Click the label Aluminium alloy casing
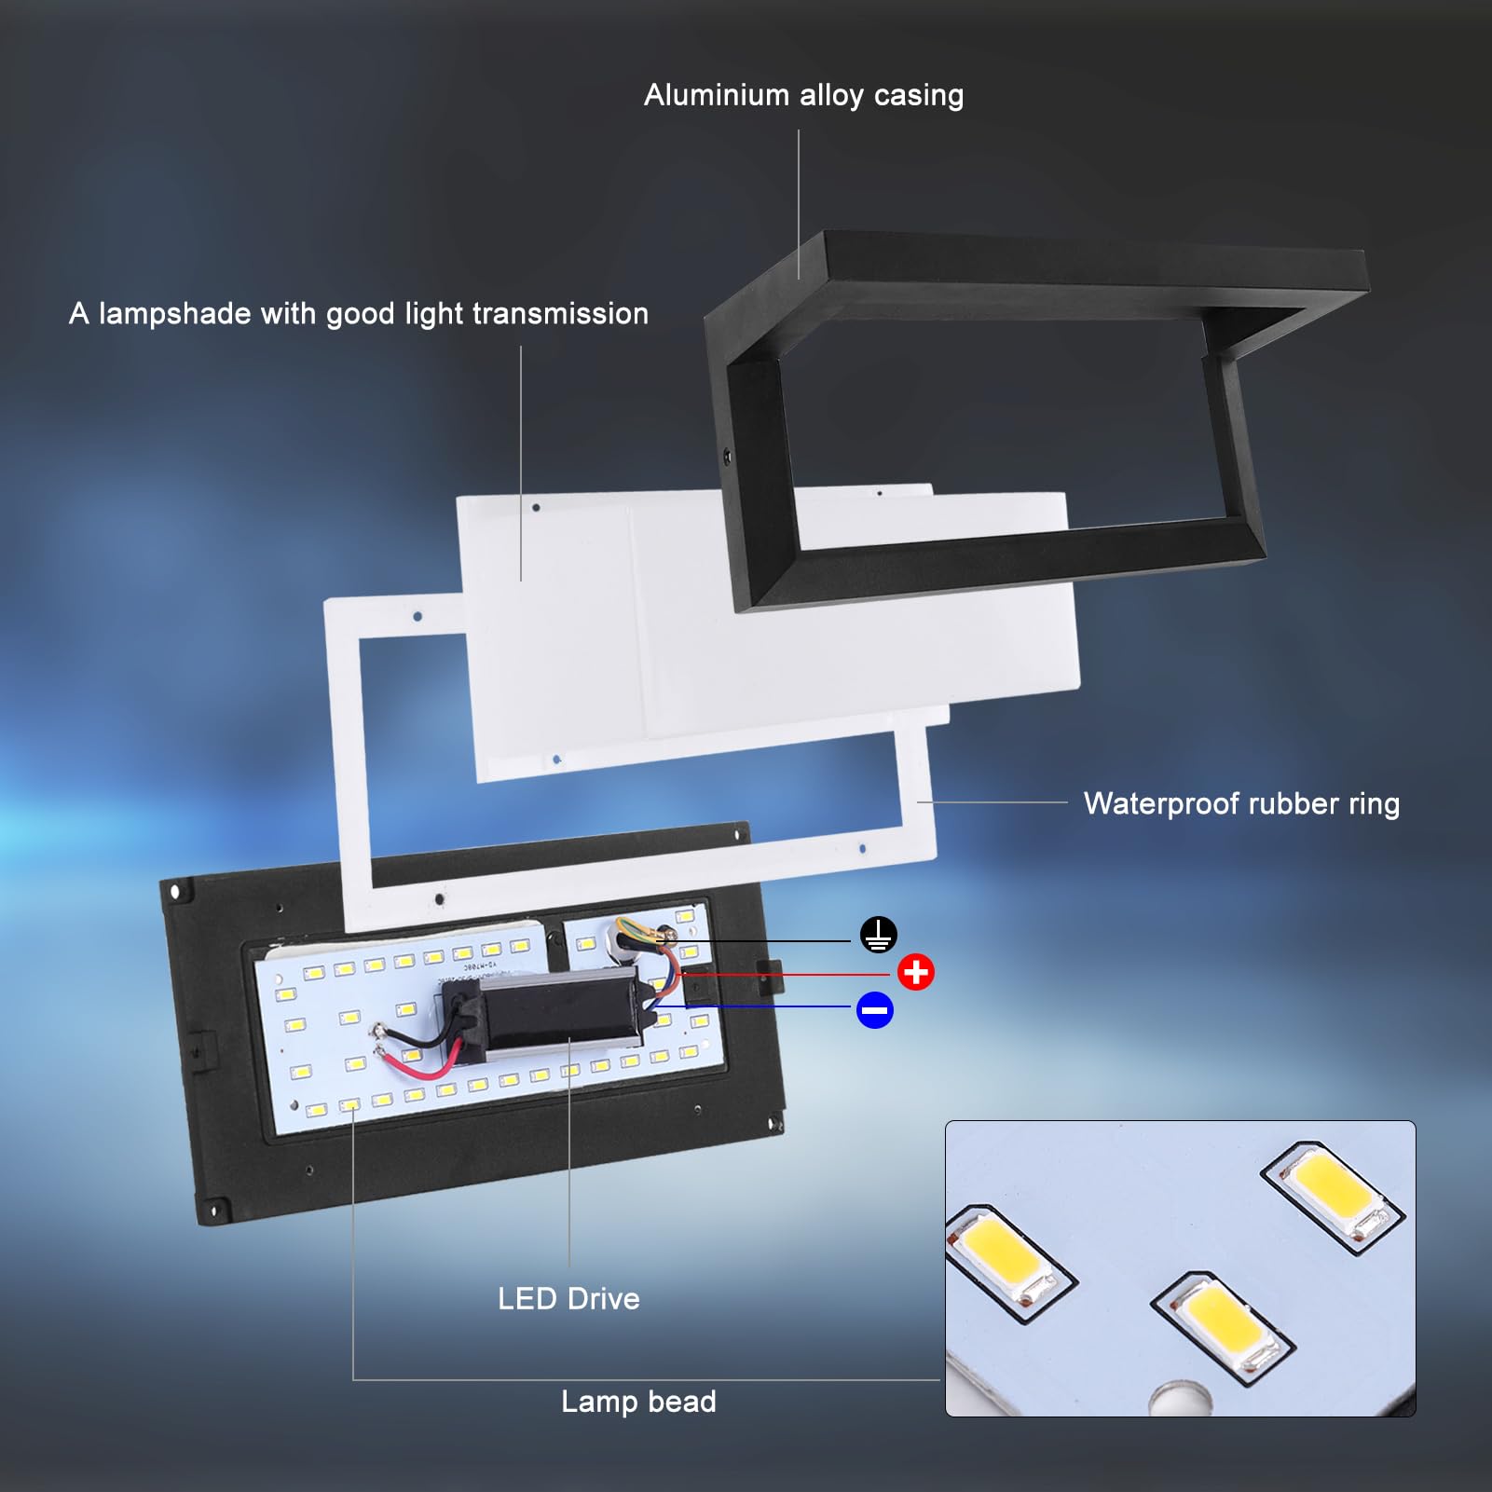(803, 96)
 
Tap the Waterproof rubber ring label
(1241, 804)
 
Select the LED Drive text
(568, 1299)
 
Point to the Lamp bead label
(638, 1402)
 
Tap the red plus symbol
(916, 972)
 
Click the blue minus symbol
(875, 1010)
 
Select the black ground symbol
(878, 934)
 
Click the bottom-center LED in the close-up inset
(1223, 1321)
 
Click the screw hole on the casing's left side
(727, 457)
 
